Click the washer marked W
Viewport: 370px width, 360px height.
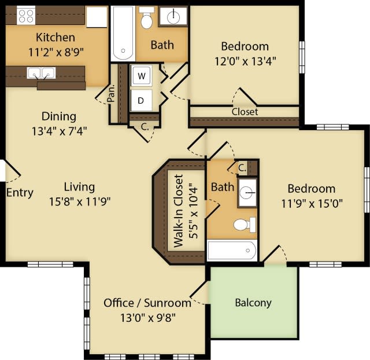(141, 76)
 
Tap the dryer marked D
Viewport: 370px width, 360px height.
(141, 100)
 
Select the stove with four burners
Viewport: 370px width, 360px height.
(25, 16)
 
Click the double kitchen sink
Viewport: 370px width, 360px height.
(41, 74)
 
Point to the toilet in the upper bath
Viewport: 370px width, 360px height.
(147, 20)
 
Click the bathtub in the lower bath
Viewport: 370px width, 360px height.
(231, 251)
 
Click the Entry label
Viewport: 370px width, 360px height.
(20, 193)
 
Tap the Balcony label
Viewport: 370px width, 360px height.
(253, 303)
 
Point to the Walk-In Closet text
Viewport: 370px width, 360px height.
(178, 210)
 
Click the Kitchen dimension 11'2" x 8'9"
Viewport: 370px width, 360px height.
(55, 51)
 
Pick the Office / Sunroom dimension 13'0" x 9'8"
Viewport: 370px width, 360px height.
(147, 317)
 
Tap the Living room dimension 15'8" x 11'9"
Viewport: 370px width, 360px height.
(79, 201)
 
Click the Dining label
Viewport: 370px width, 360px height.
(58, 116)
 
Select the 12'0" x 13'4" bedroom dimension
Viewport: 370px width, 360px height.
(245, 61)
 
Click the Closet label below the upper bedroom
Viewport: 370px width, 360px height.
(245, 112)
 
